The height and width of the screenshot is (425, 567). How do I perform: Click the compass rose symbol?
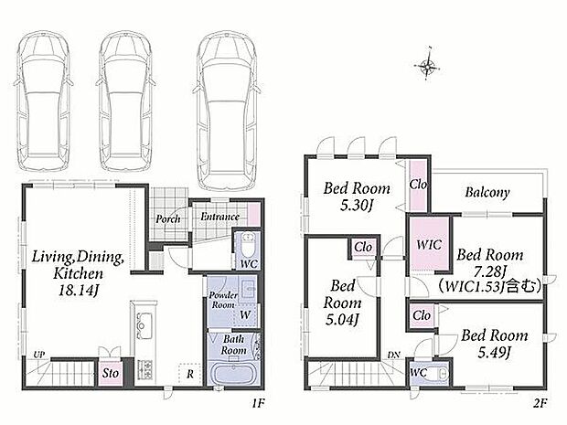pyautogui.click(x=427, y=66)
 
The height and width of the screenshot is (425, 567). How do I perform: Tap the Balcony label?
pyautogui.click(x=487, y=192)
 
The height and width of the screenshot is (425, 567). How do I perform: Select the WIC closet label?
pyautogui.click(x=429, y=245)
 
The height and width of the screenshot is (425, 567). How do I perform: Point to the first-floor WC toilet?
pyautogui.click(x=249, y=245)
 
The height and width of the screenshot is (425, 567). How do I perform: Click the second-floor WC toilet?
pyautogui.click(x=441, y=374)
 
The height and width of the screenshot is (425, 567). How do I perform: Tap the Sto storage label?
pyautogui.click(x=111, y=373)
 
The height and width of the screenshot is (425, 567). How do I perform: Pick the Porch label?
pyautogui.click(x=167, y=218)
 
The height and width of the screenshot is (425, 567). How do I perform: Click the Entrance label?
pyautogui.click(x=219, y=217)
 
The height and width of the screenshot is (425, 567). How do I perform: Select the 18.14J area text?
pyautogui.click(x=79, y=291)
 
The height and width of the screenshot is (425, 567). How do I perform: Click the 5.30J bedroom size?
pyautogui.click(x=357, y=206)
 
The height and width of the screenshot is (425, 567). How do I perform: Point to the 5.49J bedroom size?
pyautogui.click(x=494, y=353)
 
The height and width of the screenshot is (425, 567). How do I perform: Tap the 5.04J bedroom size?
pyautogui.click(x=342, y=320)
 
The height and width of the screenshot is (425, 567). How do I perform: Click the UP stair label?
pyautogui.click(x=39, y=355)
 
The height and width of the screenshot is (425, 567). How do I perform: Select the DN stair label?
pyautogui.click(x=394, y=356)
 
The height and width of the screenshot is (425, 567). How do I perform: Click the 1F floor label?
pyautogui.click(x=259, y=403)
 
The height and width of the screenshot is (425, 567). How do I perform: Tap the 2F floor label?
pyautogui.click(x=540, y=403)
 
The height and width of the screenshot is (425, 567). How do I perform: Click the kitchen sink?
pyautogui.click(x=144, y=326)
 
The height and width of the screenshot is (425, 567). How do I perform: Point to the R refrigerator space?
pyautogui.click(x=190, y=375)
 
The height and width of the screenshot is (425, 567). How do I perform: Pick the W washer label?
pyautogui.click(x=245, y=314)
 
